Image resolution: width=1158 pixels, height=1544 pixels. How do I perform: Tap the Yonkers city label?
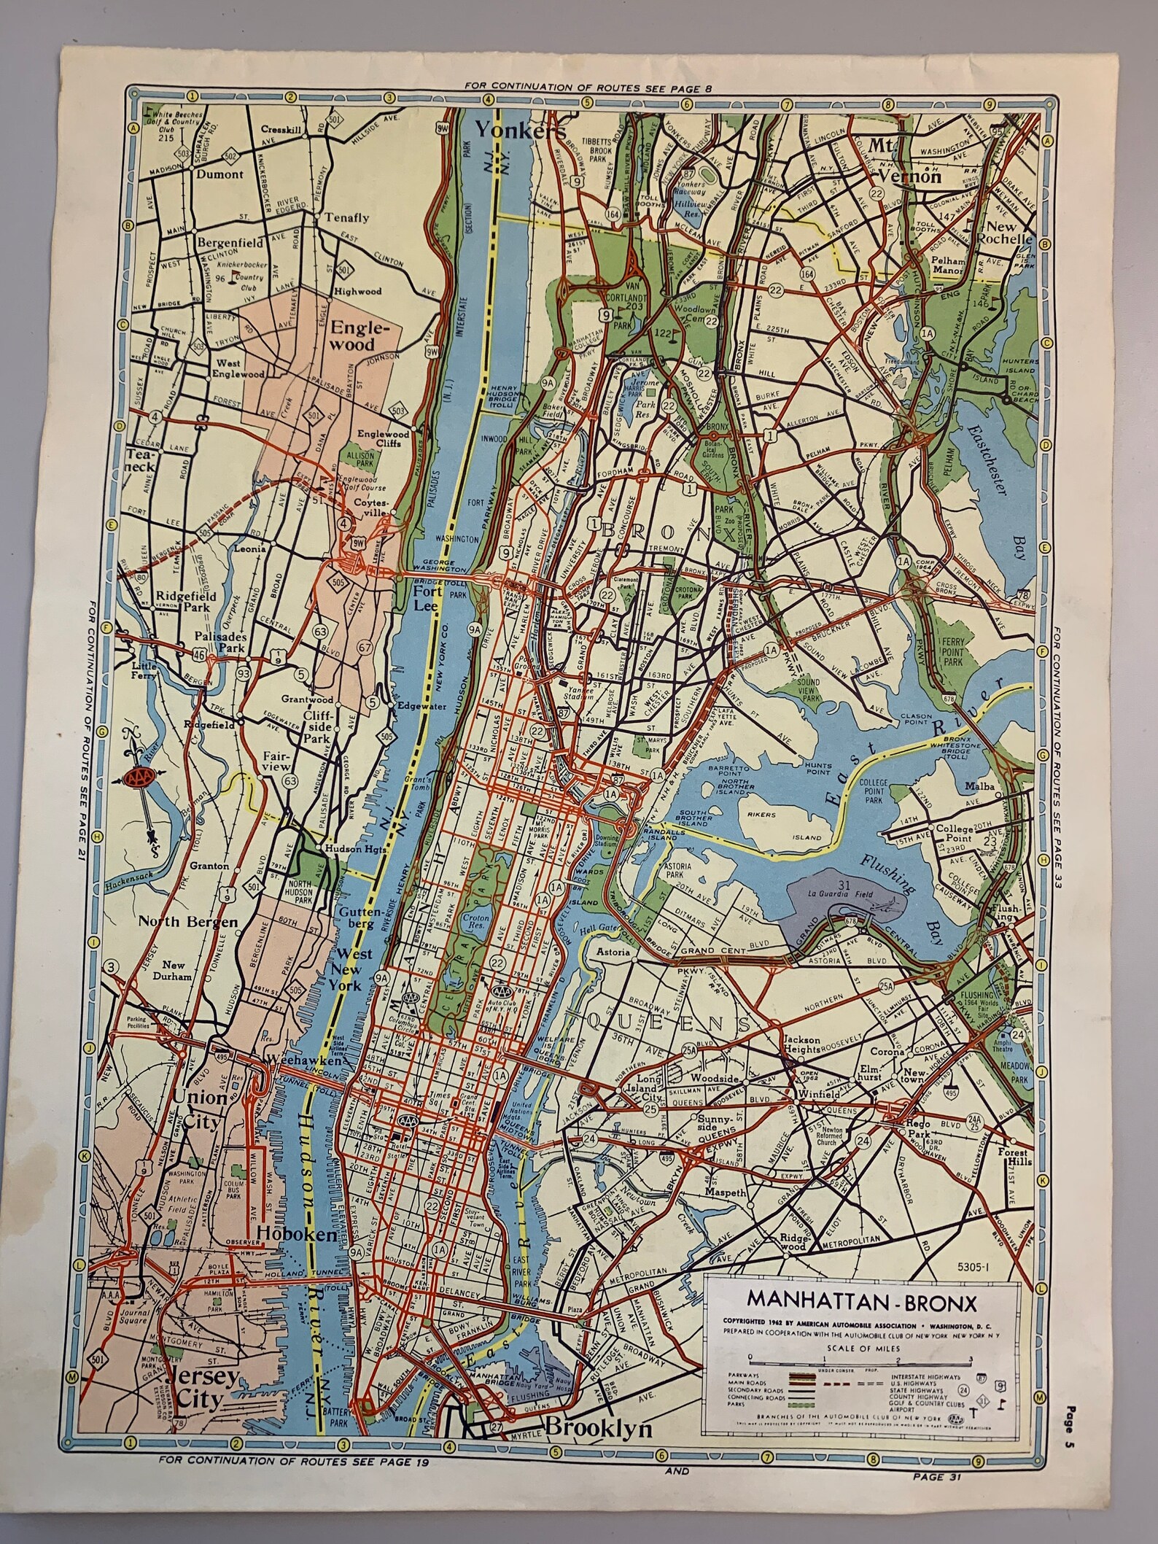pos(520,131)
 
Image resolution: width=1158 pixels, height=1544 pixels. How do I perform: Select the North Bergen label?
pos(184,923)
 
